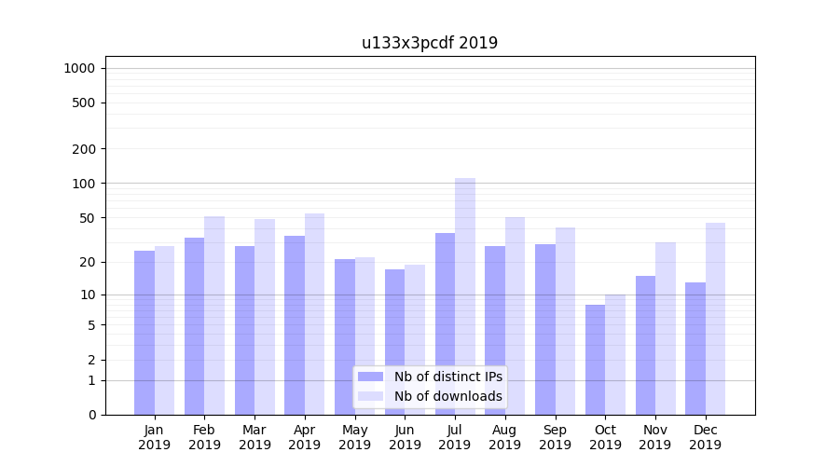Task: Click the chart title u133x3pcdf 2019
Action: tap(430, 43)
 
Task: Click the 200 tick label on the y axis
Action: tap(84, 149)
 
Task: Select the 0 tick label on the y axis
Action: tap(91, 415)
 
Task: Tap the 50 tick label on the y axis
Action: tap(88, 218)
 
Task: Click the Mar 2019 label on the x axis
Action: tap(254, 437)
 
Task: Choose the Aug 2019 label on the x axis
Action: tap(504, 437)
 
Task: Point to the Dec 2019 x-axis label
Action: tap(705, 437)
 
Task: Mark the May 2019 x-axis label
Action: tap(354, 437)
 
